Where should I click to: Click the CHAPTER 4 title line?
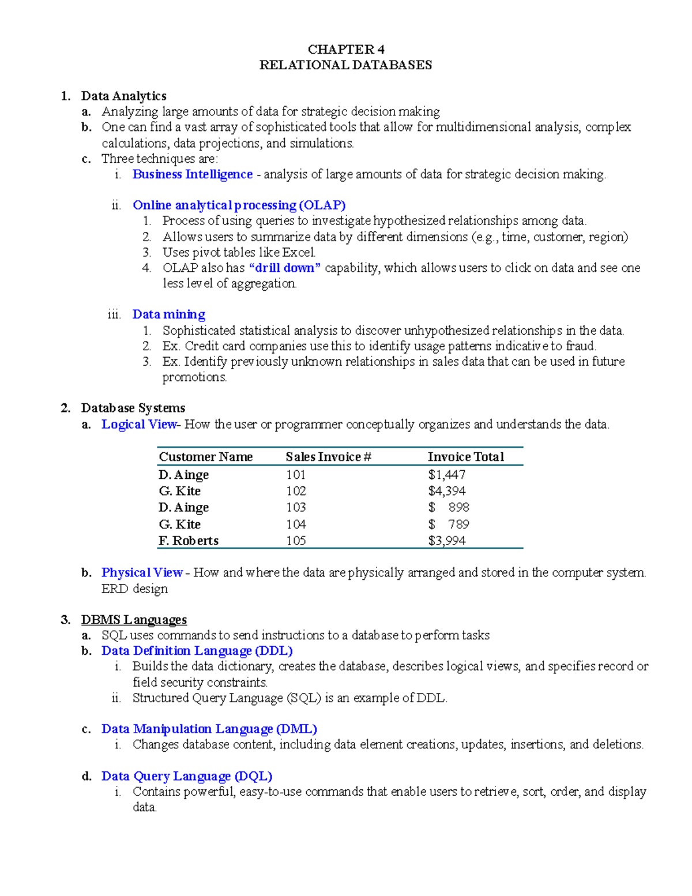346,50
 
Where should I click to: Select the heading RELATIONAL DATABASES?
345,65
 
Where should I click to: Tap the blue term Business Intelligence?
193,174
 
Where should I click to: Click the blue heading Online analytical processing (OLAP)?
239,205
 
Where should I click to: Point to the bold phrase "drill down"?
284,268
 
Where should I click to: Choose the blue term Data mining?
169,314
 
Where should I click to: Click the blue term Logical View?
139,425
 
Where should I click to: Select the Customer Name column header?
206,457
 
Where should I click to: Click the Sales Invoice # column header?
328,457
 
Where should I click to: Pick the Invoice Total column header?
465,457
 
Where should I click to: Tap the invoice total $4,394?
446,491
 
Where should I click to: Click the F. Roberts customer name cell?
189,541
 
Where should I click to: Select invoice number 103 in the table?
296,508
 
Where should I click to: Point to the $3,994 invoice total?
446,541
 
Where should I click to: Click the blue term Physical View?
142,573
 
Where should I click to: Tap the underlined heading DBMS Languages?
134,620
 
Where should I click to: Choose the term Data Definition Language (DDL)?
197,651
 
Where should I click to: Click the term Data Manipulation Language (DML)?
209,729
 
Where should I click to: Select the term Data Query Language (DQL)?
187,777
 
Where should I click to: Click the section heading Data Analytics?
123,96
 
